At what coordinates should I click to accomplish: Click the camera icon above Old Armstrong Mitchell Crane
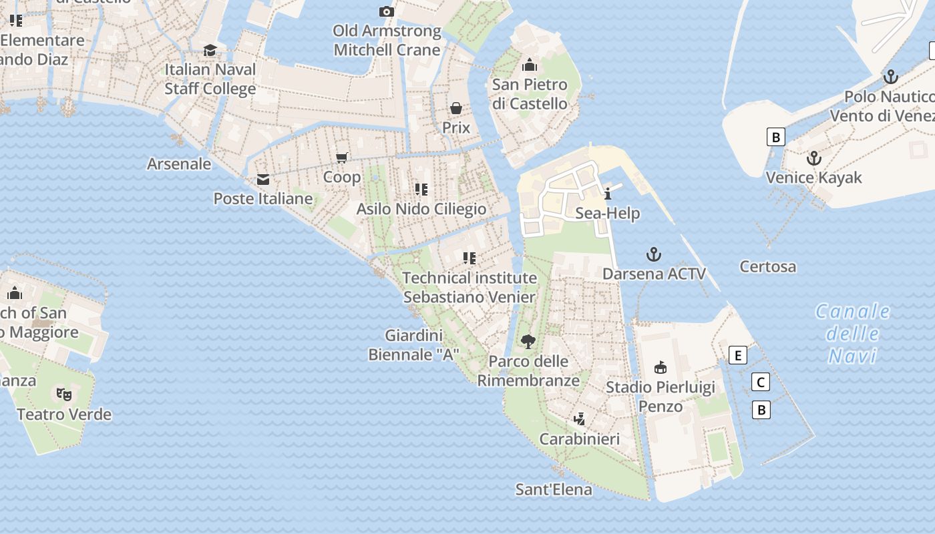click(x=386, y=11)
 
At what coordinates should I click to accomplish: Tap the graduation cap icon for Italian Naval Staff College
click(x=210, y=50)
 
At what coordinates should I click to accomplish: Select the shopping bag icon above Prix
click(x=456, y=108)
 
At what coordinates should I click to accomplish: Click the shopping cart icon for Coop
click(x=342, y=158)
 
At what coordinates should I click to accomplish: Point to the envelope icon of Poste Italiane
click(x=263, y=179)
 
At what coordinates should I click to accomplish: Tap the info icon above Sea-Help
click(x=608, y=194)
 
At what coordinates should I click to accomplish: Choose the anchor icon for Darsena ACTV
click(x=654, y=254)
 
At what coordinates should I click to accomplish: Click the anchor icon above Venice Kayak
click(x=813, y=158)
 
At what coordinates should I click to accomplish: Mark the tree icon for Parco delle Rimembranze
click(x=528, y=342)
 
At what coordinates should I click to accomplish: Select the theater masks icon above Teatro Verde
click(x=63, y=394)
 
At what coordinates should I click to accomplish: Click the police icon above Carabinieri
click(x=580, y=419)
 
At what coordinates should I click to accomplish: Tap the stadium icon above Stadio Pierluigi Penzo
click(x=661, y=367)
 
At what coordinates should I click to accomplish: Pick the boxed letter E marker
click(x=738, y=355)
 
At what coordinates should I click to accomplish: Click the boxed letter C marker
click(x=761, y=382)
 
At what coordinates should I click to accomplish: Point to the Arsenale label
click(x=179, y=164)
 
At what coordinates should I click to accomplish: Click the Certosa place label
click(x=768, y=266)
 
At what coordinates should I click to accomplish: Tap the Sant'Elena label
click(x=554, y=489)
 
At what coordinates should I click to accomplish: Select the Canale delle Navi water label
click(x=853, y=333)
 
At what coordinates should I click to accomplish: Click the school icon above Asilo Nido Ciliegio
click(x=421, y=190)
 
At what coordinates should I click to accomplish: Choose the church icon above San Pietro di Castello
click(x=530, y=65)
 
